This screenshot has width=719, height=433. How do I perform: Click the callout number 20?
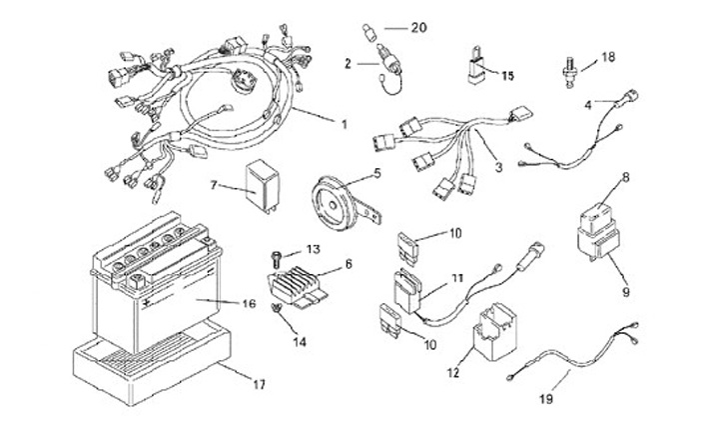coord(418,27)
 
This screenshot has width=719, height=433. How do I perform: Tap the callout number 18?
coord(608,58)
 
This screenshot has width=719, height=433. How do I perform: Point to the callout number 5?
coord(377,172)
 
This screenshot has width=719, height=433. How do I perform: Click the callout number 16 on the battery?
coord(248,302)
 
